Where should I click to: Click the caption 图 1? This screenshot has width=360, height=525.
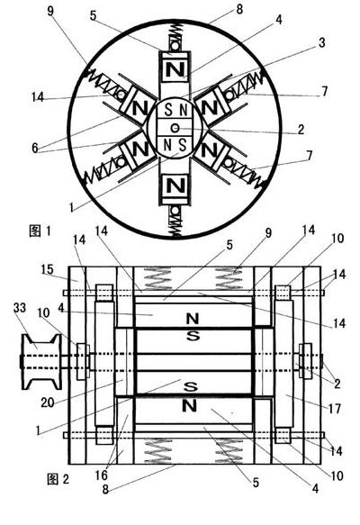point(40,231)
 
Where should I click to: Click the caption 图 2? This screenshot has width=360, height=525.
point(58,479)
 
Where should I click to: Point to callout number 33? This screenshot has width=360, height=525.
point(20,308)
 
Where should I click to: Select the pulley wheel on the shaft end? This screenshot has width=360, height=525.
point(41,362)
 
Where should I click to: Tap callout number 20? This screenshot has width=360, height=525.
point(48,403)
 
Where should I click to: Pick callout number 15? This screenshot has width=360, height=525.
point(48,269)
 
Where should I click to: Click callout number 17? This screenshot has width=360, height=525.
point(335,409)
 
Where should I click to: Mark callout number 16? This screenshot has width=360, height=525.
point(102,475)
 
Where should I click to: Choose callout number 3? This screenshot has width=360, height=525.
point(321,42)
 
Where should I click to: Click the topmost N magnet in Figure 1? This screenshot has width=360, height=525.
point(175,70)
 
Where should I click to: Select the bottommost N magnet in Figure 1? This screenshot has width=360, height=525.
point(175,186)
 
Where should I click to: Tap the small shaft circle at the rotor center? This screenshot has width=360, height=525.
point(175,128)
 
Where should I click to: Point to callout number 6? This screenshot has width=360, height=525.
point(35,148)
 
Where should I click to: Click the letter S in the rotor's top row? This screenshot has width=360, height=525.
point(168,110)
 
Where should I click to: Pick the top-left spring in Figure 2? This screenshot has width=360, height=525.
point(157,277)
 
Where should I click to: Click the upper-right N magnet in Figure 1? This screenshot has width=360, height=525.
point(210,107)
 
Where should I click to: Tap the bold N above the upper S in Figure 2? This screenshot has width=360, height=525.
point(193,319)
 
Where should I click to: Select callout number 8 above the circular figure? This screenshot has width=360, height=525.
point(239,9)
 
